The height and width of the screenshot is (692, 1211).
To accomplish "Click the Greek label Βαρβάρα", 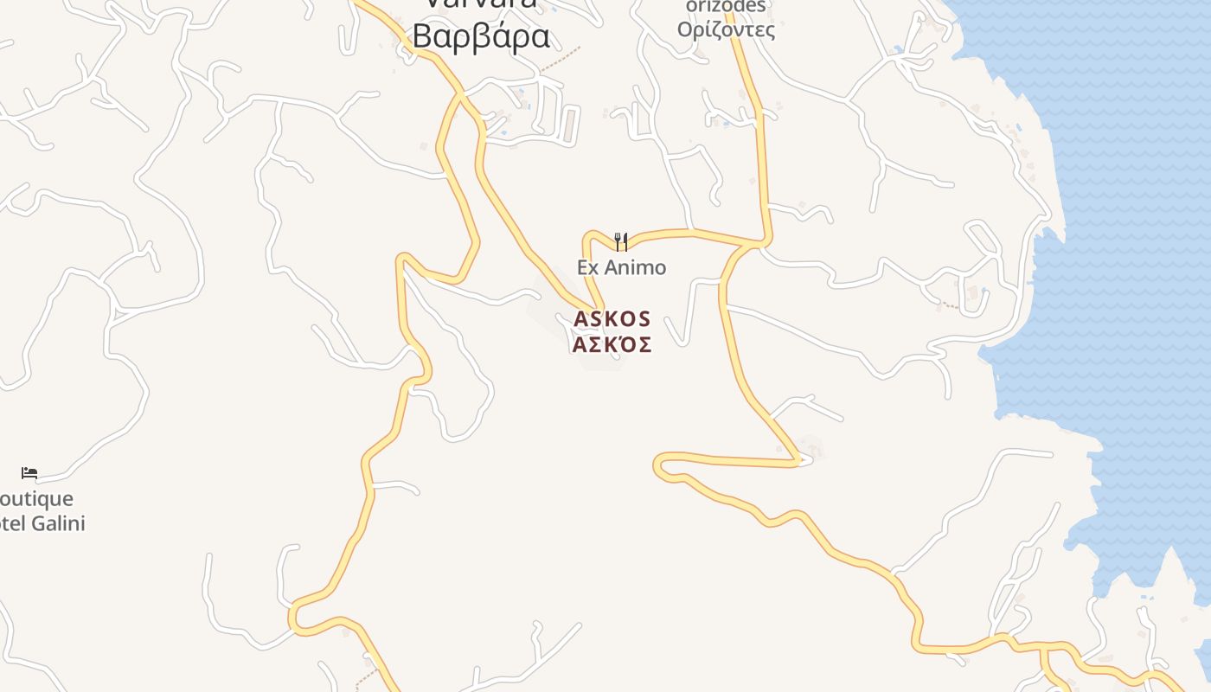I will (x=481, y=36).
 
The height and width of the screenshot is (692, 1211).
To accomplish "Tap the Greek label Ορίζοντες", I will (x=726, y=30).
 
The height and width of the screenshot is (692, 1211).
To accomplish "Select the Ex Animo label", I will (x=621, y=267).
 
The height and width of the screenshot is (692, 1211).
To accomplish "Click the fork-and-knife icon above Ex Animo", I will (x=620, y=240).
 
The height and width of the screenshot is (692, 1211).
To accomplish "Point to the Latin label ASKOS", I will (x=612, y=319).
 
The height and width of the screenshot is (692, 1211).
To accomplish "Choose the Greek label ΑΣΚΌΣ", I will (x=612, y=344).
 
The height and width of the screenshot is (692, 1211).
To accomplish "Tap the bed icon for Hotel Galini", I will (x=29, y=473).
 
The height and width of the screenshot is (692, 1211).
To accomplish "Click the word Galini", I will (x=58, y=522).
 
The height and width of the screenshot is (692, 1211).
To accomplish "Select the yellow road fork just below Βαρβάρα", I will (x=461, y=93).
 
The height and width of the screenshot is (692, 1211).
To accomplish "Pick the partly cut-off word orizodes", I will (x=726, y=6).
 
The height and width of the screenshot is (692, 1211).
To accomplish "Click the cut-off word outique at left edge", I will (x=36, y=499).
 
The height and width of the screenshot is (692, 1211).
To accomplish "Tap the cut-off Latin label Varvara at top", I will (x=481, y=4).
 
